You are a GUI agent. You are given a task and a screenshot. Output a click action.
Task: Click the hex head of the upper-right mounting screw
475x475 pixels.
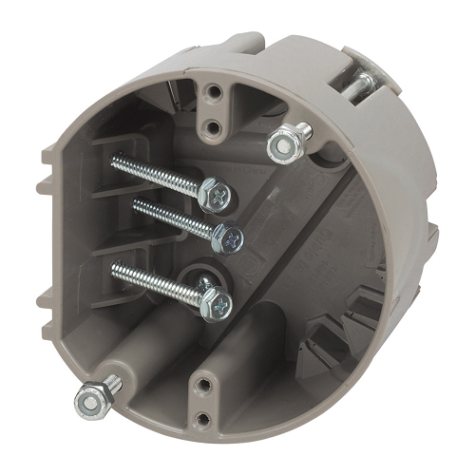click(x=280, y=144)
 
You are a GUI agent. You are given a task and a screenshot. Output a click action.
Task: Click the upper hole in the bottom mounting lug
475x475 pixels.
click(x=204, y=385)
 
